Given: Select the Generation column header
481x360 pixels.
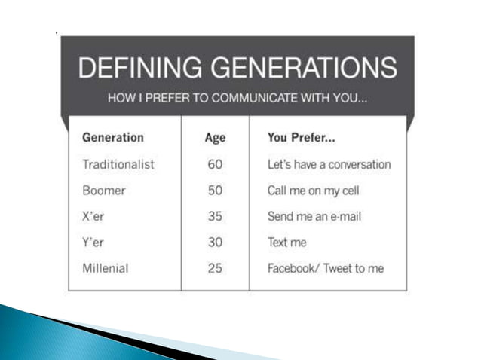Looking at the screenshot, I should coord(112,138).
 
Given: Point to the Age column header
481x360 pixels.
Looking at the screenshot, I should coord(215,138).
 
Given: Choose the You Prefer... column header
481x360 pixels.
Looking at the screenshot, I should coord(302,138).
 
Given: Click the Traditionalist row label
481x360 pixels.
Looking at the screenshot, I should coord(118,164).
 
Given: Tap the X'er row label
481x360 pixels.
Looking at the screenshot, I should coord(94,217).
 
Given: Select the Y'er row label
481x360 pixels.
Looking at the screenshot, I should coord(94,243).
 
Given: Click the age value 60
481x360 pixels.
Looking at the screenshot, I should coord(215,164).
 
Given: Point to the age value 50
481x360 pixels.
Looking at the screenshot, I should coord(215,191).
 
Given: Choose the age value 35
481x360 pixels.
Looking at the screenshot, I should coord(215,217).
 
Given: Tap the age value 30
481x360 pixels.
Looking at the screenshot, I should coord(215,243).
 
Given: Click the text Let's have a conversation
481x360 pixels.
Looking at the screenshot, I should coord(329,164).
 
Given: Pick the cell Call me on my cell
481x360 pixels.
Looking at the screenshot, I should coord(313,191).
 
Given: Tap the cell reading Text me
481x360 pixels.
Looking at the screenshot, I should coord(287,243).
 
